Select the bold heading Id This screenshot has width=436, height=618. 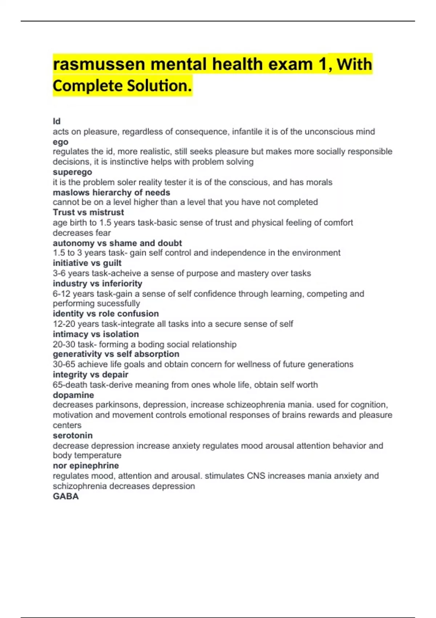pyautogui.click(x=57, y=121)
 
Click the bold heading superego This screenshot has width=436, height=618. pyautogui.click(x=72, y=172)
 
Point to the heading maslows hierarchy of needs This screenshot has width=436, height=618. pyautogui.click(x=112, y=192)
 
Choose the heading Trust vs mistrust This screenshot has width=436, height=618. pyautogui.click(x=88, y=212)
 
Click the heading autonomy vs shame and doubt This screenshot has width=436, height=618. pyautogui.click(x=117, y=243)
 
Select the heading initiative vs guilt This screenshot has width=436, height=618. pyautogui.click(x=87, y=263)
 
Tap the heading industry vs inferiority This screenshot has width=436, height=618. pyautogui.click(x=97, y=284)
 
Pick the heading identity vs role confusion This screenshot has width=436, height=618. pyautogui.click(x=106, y=313)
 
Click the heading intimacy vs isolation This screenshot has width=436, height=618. pyautogui.click(x=96, y=334)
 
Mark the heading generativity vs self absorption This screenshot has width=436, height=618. pyautogui.click(x=116, y=354)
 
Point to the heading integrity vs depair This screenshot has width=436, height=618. pyautogui.click(x=90, y=374)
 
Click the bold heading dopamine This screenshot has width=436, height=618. pyautogui.click(x=73, y=395)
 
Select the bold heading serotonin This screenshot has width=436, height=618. pyautogui.click(x=73, y=436)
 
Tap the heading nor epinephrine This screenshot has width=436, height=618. pyautogui.click(x=86, y=466)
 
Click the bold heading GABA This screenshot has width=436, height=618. pyautogui.click(x=66, y=496)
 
